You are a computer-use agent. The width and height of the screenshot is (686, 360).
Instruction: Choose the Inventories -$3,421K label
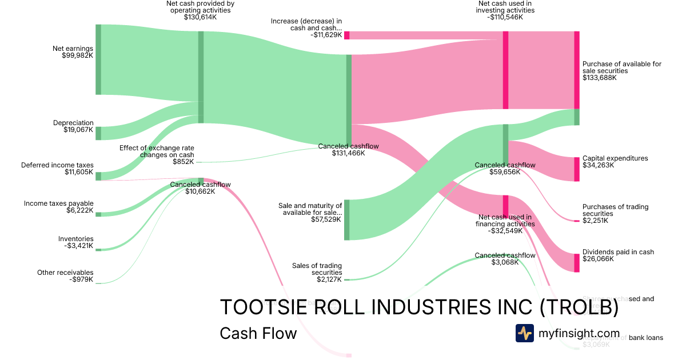[x=75, y=242]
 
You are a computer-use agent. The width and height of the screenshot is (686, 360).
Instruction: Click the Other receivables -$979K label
[x=65, y=276]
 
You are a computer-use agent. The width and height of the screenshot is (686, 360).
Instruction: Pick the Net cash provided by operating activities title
[x=200, y=10]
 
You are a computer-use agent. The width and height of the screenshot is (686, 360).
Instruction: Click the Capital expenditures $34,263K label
[x=615, y=162]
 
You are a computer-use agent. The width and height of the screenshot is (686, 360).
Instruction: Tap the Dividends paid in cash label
[x=618, y=255]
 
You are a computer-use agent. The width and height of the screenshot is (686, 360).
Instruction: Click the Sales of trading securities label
[x=317, y=273]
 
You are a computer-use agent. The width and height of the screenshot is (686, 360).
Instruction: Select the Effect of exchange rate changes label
[x=157, y=154]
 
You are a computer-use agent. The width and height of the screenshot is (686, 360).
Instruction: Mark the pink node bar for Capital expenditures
[x=576, y=169]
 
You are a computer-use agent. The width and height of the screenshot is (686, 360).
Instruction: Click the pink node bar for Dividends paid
[x=576, y=262]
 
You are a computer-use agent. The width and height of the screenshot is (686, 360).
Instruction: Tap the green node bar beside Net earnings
[x=98, y=59]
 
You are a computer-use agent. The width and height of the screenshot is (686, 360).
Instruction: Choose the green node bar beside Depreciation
[x=98, y=133]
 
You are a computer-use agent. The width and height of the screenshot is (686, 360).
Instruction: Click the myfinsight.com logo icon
[x=524, y=333]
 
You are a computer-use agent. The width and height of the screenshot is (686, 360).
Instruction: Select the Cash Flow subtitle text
[x=258, y=333]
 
